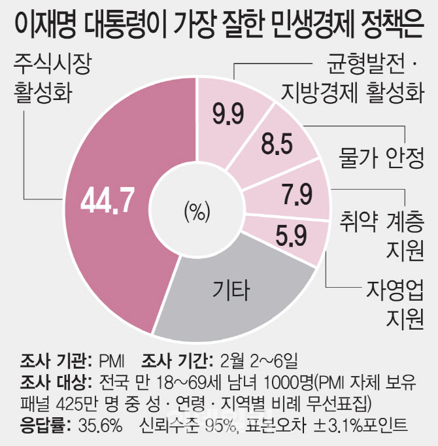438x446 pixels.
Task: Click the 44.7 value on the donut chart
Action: click(x=108, y=203)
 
